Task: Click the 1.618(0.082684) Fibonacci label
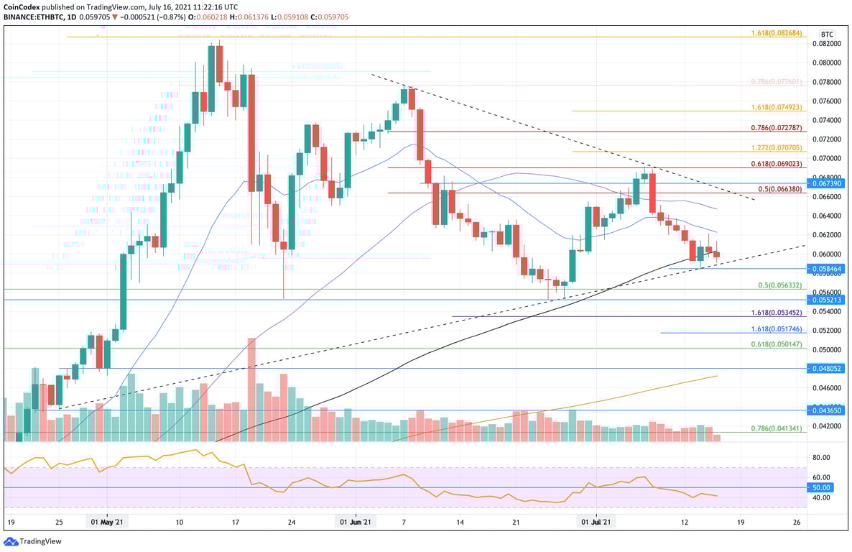click(x=779, y=34)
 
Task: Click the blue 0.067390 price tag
click(x=828, y=183)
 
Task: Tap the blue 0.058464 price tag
click(x=828, y=268)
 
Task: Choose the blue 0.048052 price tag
click(x=828, y=368)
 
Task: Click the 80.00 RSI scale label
click(x=820, y=457)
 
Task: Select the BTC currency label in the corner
click(x=827, y=34)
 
